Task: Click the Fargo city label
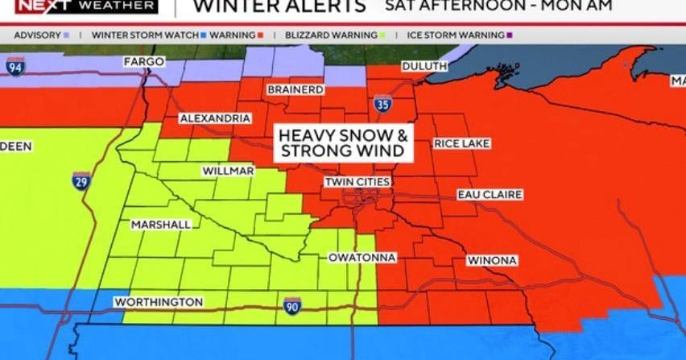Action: click(x=143, y=62)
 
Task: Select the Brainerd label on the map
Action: click(x=295, y=89)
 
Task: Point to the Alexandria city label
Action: click(x=215, y=118)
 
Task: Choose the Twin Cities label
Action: click(x=357, y=183)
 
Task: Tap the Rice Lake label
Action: click(x=461, y=144)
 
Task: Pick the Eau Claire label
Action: click(x=490, y=195)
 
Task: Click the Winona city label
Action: click(x=491, y=261)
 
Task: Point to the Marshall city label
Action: click(x=161, y=225)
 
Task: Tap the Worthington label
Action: click(x=159, y=302)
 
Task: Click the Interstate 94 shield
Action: click(x=14, y=67)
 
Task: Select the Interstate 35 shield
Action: click(x=382, y=104)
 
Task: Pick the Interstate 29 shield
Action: click(x=81, y=180)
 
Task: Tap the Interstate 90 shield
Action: click(x=292, y=305)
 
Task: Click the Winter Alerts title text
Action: click(x=280, y=7)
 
